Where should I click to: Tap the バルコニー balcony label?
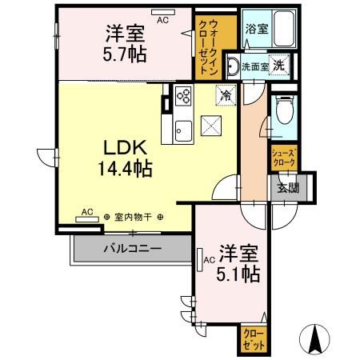coord(131,249)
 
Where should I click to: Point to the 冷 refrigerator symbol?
coord(226,95)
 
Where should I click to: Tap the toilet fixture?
coord(282,112)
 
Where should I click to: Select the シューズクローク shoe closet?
coord(284,157)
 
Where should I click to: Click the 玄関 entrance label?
coord(287,189)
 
